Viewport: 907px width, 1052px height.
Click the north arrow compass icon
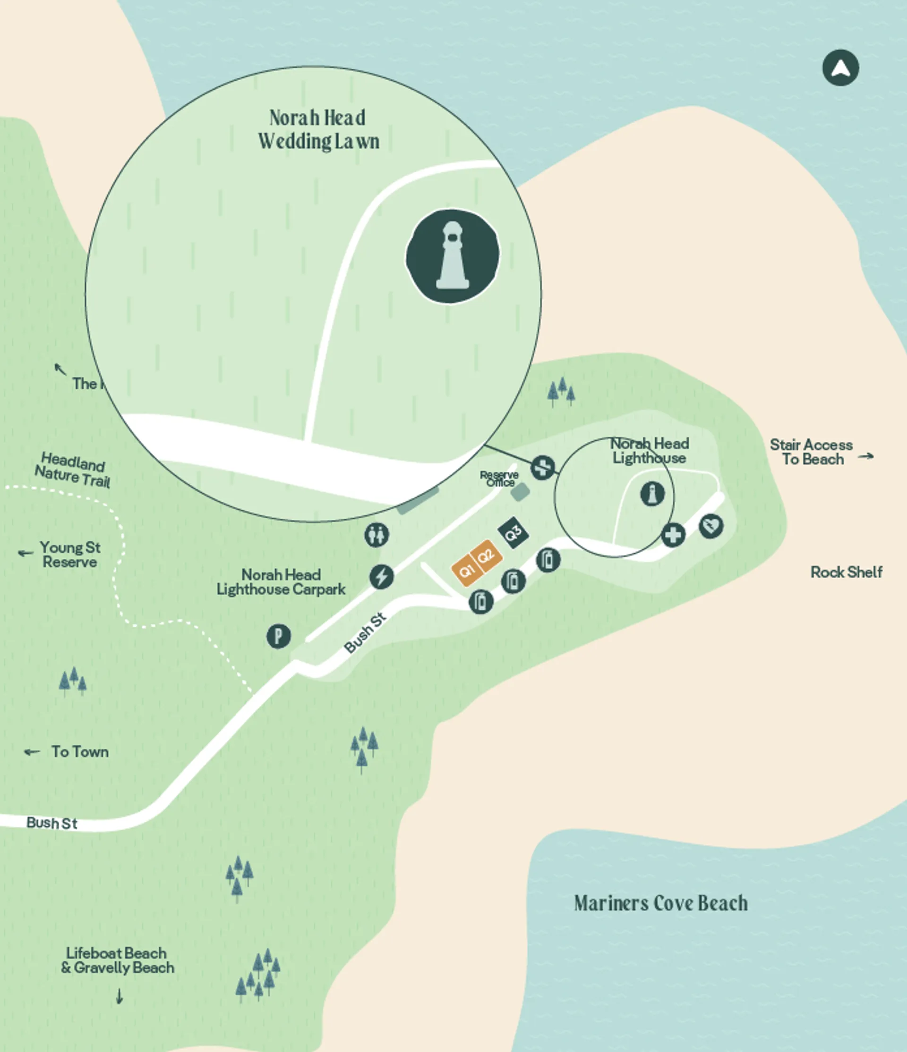coord(840,67)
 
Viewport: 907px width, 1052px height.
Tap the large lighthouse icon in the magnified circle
coord(452,256)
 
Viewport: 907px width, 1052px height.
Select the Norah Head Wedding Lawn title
coord(318,129)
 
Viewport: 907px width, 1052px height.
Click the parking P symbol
coord(278,636)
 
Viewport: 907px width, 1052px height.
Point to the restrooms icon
coord(376,535)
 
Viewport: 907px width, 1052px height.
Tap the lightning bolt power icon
coord(381,577)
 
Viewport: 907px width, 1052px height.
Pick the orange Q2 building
coord(486,555)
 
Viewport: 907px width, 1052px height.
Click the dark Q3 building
coord(513,532)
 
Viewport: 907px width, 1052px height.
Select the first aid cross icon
coord(673,535)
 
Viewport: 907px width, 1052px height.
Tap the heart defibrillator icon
coord(711,526)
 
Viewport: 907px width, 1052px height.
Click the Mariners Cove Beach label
coord(660,903)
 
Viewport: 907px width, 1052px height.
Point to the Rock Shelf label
coord(846,572)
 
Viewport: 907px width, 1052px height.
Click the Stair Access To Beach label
coord(812,452)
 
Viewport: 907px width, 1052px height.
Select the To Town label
coord(80,751)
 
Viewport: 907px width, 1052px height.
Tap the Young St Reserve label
coord(70,555)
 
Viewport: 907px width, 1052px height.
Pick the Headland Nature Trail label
coord(72,469)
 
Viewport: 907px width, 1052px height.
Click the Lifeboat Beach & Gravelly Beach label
coord(117,960)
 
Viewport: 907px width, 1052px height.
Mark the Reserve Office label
coord(499,478)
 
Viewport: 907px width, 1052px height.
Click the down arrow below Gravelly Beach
coord(120,996)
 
